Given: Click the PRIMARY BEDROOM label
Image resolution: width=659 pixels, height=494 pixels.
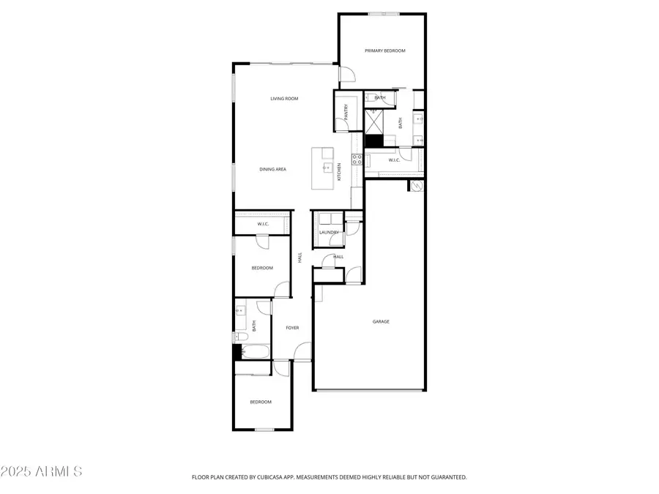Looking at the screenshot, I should click(x=384, y=50).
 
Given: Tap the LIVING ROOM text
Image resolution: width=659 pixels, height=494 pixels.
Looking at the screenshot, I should click(x=284, y=98).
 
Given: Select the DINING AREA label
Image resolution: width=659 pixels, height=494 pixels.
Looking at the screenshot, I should click(x=272, y=169).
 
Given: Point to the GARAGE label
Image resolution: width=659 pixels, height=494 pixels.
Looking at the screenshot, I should click(x=381, y=321).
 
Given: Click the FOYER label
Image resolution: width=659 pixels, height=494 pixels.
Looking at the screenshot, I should click(x=293, y=327).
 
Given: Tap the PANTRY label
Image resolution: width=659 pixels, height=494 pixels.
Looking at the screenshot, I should click(x=346, y=111).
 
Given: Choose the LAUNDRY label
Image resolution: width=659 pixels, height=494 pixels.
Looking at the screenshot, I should click(x=329, y=233).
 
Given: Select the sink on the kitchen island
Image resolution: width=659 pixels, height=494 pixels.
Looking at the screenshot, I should click(x=326, y=168).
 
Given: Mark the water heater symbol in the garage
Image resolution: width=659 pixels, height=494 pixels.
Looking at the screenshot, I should click(x=417, y=186).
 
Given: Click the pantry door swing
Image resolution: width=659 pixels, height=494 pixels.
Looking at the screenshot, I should click(x=341, y=125).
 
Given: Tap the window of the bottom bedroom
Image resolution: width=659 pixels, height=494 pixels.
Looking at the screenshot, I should click(x=264, y=429).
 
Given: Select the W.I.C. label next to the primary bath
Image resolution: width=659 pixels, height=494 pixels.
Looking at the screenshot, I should click(x=393, y=160).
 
